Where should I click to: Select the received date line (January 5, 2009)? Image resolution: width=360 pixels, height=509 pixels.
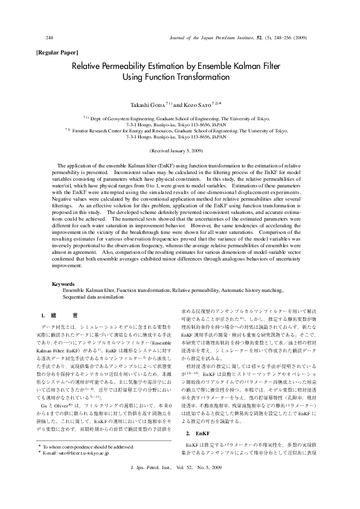179,149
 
